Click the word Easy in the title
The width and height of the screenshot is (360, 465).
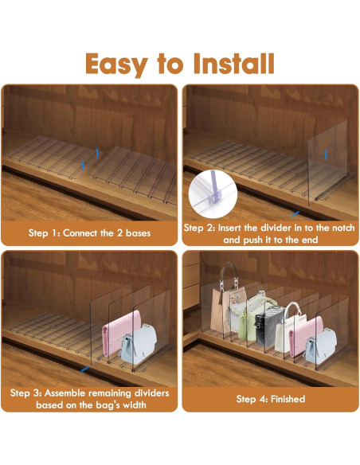tap(116, 64)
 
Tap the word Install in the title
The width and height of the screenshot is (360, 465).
tap(233, 64)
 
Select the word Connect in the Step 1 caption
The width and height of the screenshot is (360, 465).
tap(80, 233)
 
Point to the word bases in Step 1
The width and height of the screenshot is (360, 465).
tap(139, 233)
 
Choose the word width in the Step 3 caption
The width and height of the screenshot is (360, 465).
tap(135, 404)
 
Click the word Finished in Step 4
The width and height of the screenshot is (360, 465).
tap(288, 399)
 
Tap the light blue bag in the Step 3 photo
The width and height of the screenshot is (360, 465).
tap(139, 344)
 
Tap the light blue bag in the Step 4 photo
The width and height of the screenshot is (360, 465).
tap(320, 346)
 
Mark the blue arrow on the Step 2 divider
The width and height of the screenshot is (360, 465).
tap(326, 154)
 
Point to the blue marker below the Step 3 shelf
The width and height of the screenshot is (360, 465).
tap(84, 369)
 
